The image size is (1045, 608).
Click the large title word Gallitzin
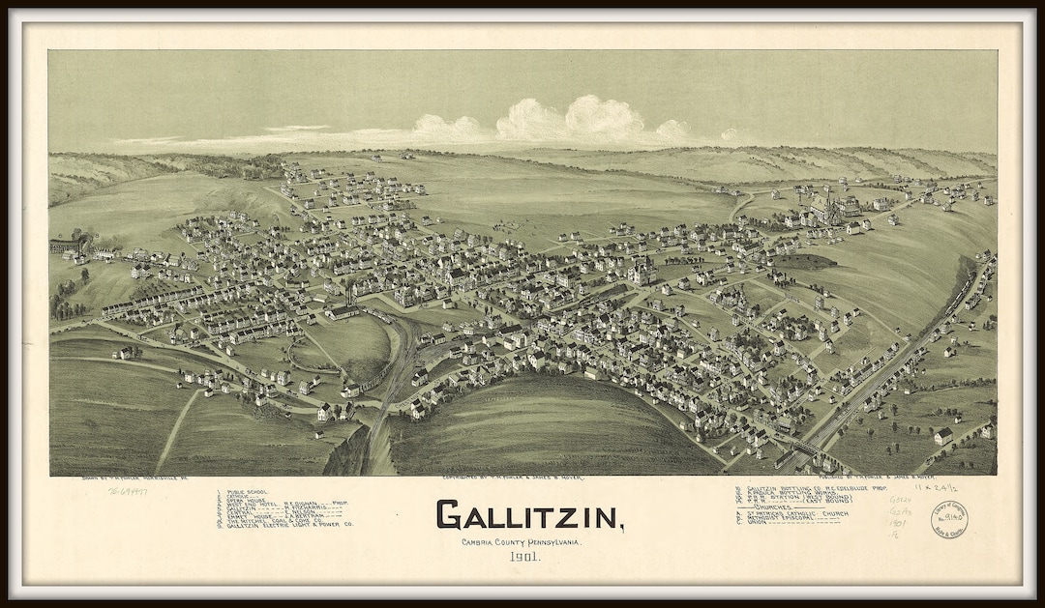pyautogui.click(x=528, y=515)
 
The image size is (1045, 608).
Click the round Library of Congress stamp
pyautogui.click(x=949, y=519)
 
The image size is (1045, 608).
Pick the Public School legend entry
pyautogui.click(x=248, y=491)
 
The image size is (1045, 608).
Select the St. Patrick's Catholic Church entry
pyautogui.click(x=798, y=513)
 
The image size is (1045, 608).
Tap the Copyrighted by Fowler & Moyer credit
pyautogui.click(x=513, y=478)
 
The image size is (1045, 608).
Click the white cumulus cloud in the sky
pyautogui.click(x=571, y=122)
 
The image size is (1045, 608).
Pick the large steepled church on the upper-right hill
pyautogui.click(x=823, y=206)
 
